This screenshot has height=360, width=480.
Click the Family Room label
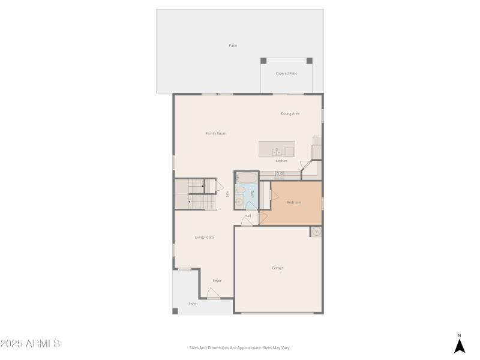[216, 133]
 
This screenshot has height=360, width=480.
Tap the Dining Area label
[290, 113]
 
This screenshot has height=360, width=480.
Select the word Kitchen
[281, 161]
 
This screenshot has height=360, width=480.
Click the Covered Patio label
[286, 73]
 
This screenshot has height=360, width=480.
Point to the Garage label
[278, 268]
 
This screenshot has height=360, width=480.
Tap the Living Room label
[204, 237]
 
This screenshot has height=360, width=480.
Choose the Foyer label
[217, 281]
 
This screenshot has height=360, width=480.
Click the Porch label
[193, 304]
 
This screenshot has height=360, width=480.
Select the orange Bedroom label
[294, 202]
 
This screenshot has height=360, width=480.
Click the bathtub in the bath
[246, 178]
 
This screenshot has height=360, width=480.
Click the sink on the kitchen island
[277, 151]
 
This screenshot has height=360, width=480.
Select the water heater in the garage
[316, 232]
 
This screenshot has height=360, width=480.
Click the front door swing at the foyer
[213, 293]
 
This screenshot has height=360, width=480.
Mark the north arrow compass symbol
[460, 345]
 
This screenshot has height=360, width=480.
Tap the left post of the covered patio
[263, 61]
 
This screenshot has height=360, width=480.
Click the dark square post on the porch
[175, 311]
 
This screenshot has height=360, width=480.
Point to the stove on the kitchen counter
[280, 174]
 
